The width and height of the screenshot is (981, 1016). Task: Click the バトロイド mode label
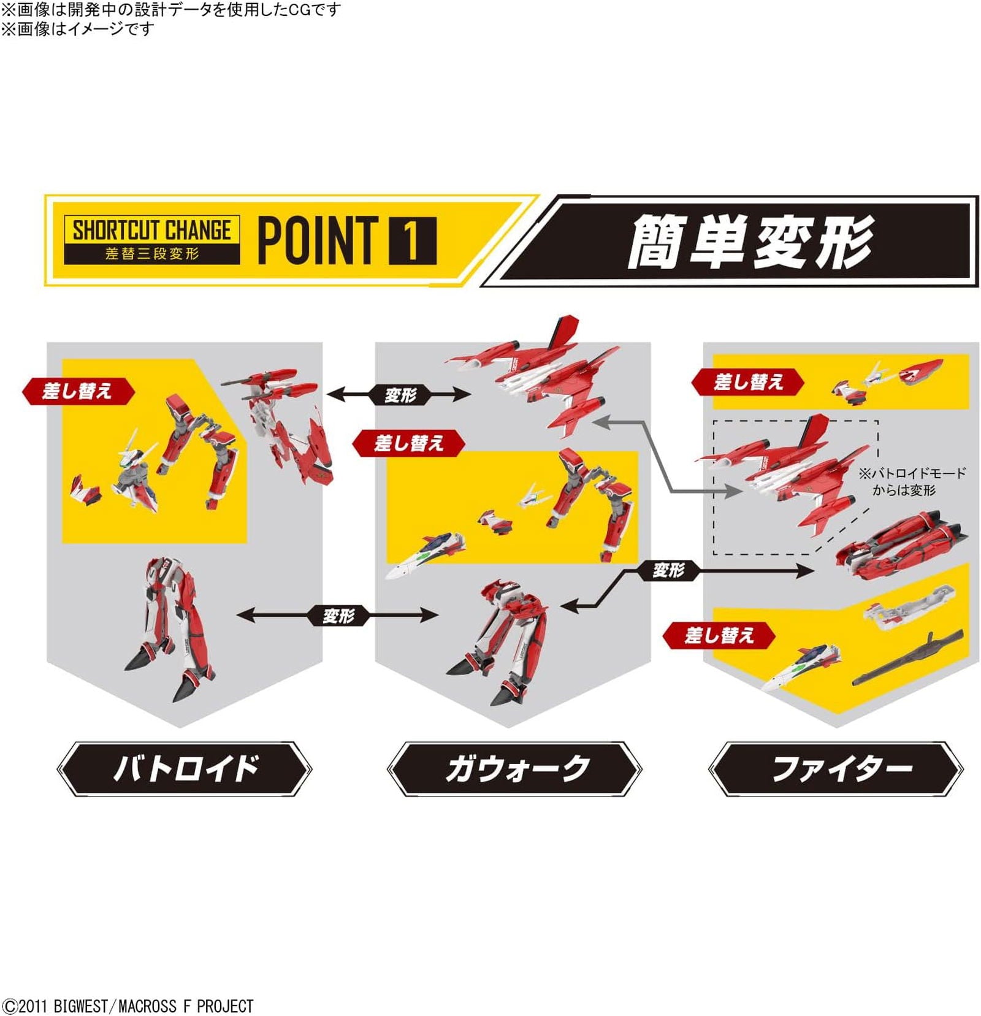184,768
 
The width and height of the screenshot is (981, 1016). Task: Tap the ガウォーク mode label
514,768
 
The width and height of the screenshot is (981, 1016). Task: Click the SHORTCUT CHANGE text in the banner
151,231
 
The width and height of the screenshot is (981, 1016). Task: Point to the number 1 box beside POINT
413,240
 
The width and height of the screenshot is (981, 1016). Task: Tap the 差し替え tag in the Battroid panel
78,391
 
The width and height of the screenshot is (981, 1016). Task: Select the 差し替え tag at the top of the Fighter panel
747,382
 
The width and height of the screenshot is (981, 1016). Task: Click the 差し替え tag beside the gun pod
719,635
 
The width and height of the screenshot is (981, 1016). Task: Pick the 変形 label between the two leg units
338,615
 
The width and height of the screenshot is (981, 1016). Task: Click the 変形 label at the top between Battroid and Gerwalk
400,395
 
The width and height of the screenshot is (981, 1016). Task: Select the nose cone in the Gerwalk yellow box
425,554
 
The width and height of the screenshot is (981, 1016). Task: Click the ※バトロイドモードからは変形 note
911,481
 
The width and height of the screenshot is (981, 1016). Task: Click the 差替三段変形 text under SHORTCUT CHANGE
151,254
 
